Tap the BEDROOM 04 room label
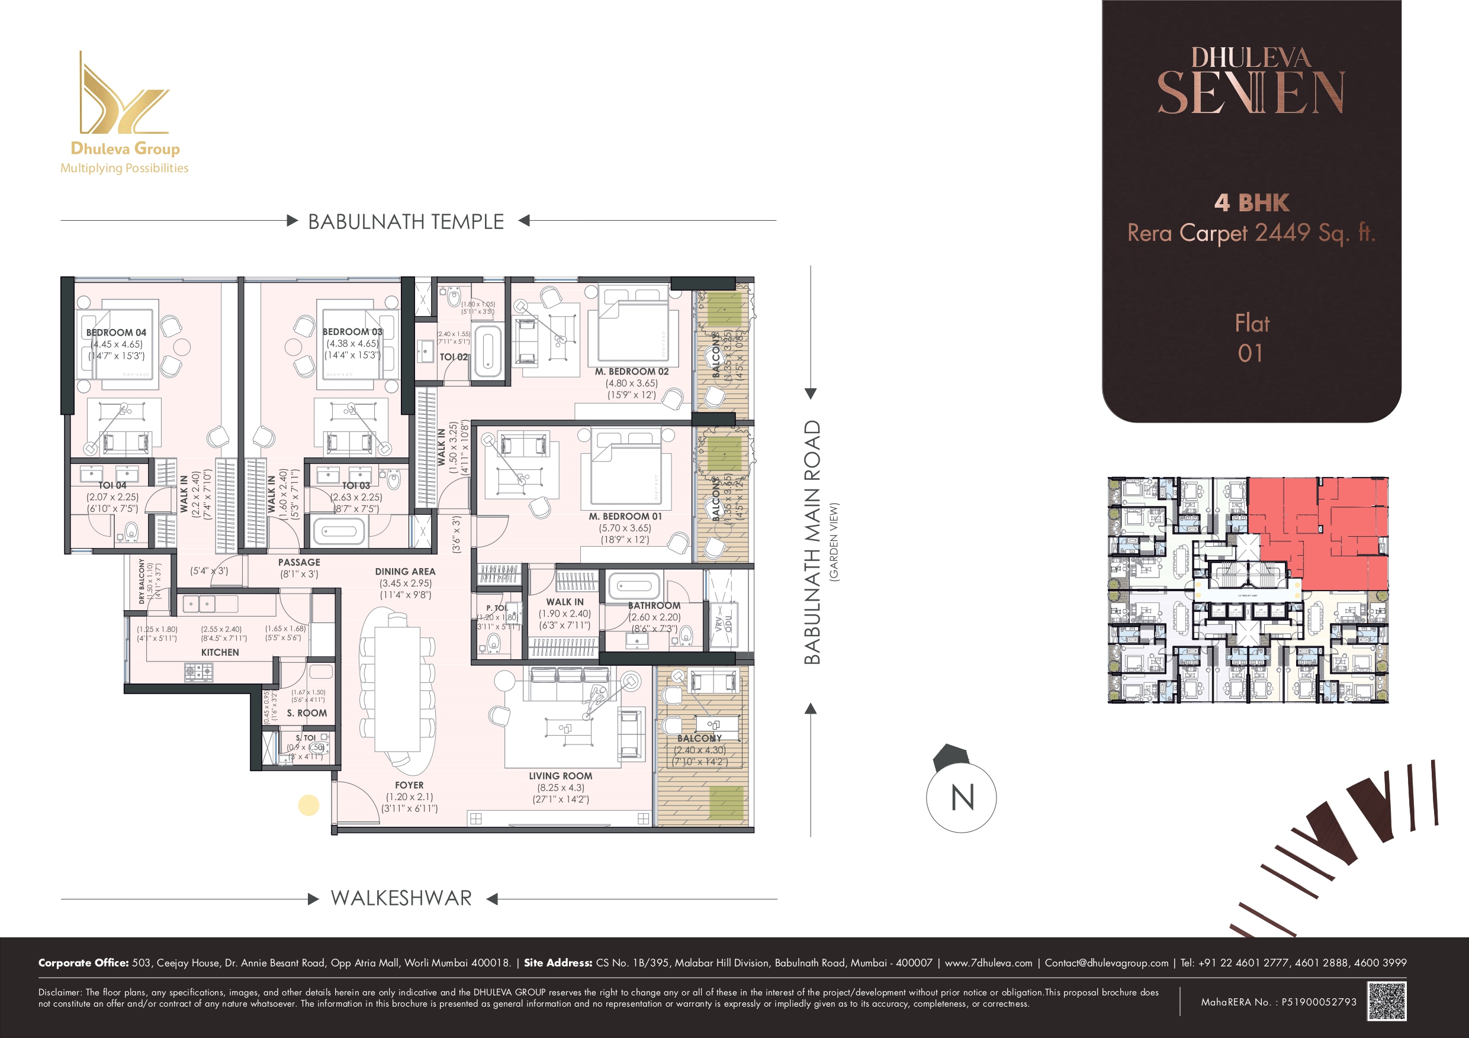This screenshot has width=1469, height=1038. click(116, 333)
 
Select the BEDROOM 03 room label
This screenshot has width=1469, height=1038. click(352, 331)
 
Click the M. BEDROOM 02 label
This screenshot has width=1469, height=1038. click(632, 372)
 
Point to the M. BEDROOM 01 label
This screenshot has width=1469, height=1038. click(625, 516)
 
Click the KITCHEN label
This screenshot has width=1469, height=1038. click(220, 652)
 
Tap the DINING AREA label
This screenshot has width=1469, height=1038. click(405, 571)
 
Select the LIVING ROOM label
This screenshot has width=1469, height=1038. click(561, 776)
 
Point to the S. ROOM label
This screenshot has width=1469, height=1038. click(307, 713)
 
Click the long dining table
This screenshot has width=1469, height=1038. click(397, 691)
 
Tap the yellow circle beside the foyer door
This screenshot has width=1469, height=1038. click(308, 805)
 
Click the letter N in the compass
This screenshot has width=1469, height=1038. click(962, 798)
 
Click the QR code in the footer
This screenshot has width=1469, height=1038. click(1387, 1001)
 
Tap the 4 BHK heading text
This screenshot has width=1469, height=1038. click(1252, 203)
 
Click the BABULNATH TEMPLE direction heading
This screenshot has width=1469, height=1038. click(406, 221)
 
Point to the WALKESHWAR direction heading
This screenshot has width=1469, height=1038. click(401, 898)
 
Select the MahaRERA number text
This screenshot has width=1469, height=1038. click(1278, 1001)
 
